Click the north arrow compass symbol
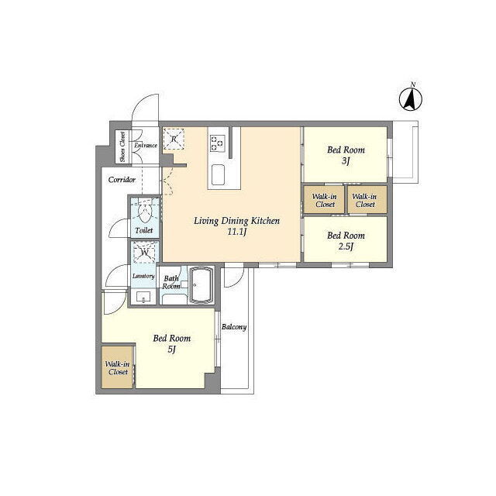tap(410, 99)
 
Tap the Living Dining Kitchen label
tap(236, 221)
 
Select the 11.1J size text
tap(237, 232)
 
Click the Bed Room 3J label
tap(346, 155)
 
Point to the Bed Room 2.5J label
tap(346, 241)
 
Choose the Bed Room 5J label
tap(172, 343)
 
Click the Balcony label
tap(234, 327)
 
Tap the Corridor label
tap(122, 180)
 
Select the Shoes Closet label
tap(122, 147)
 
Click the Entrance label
tap(146, 146)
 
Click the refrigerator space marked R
tap(174, 139)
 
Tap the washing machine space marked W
tap(145, 253)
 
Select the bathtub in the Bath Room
tap(201, 285)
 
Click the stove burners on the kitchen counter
tap(217, 143)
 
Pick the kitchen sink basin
tap(218, 174)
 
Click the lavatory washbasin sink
tap(143, 298)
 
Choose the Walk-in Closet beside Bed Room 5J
tap(117, 368)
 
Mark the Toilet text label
tap(144, 231)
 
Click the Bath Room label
tap(171, 282)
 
